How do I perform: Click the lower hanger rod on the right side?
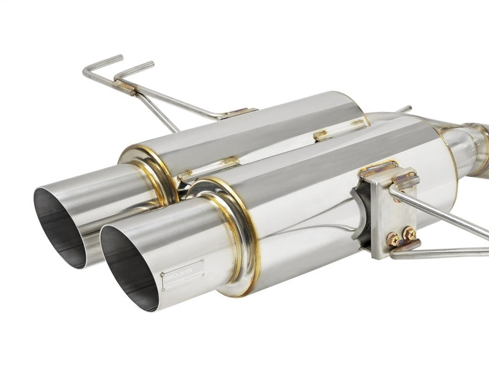pyautogui.click(x=446, y=251)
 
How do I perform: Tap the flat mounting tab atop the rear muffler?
pyautogui.click(x=240, y=114)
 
